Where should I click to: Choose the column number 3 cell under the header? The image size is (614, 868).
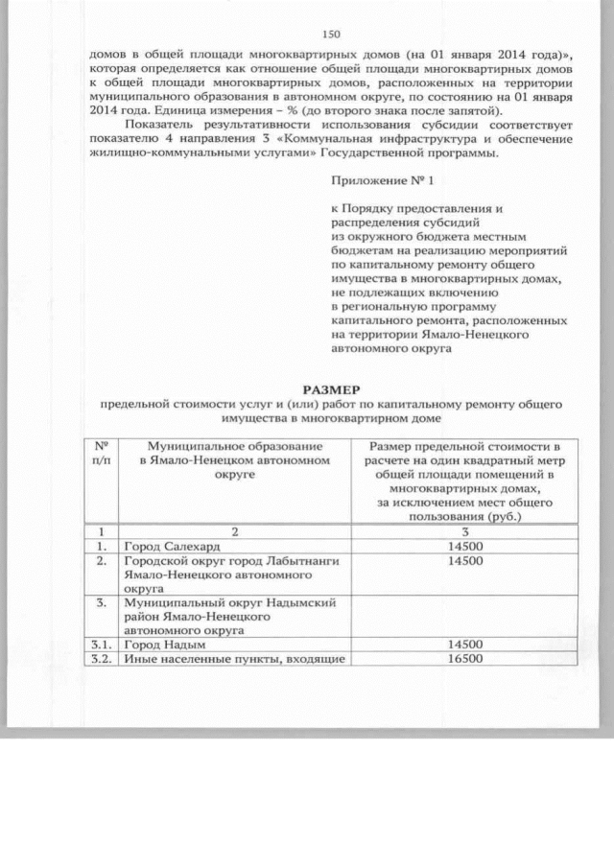click(x=464, y=530)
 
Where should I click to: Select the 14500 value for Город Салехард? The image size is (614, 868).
click(x=464, y=546)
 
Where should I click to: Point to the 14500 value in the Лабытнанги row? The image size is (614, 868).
click(x=464, y=561)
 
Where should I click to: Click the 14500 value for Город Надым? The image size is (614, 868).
click(x=464, y=645)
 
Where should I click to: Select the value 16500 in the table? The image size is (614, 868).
click(x=464, y=660)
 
